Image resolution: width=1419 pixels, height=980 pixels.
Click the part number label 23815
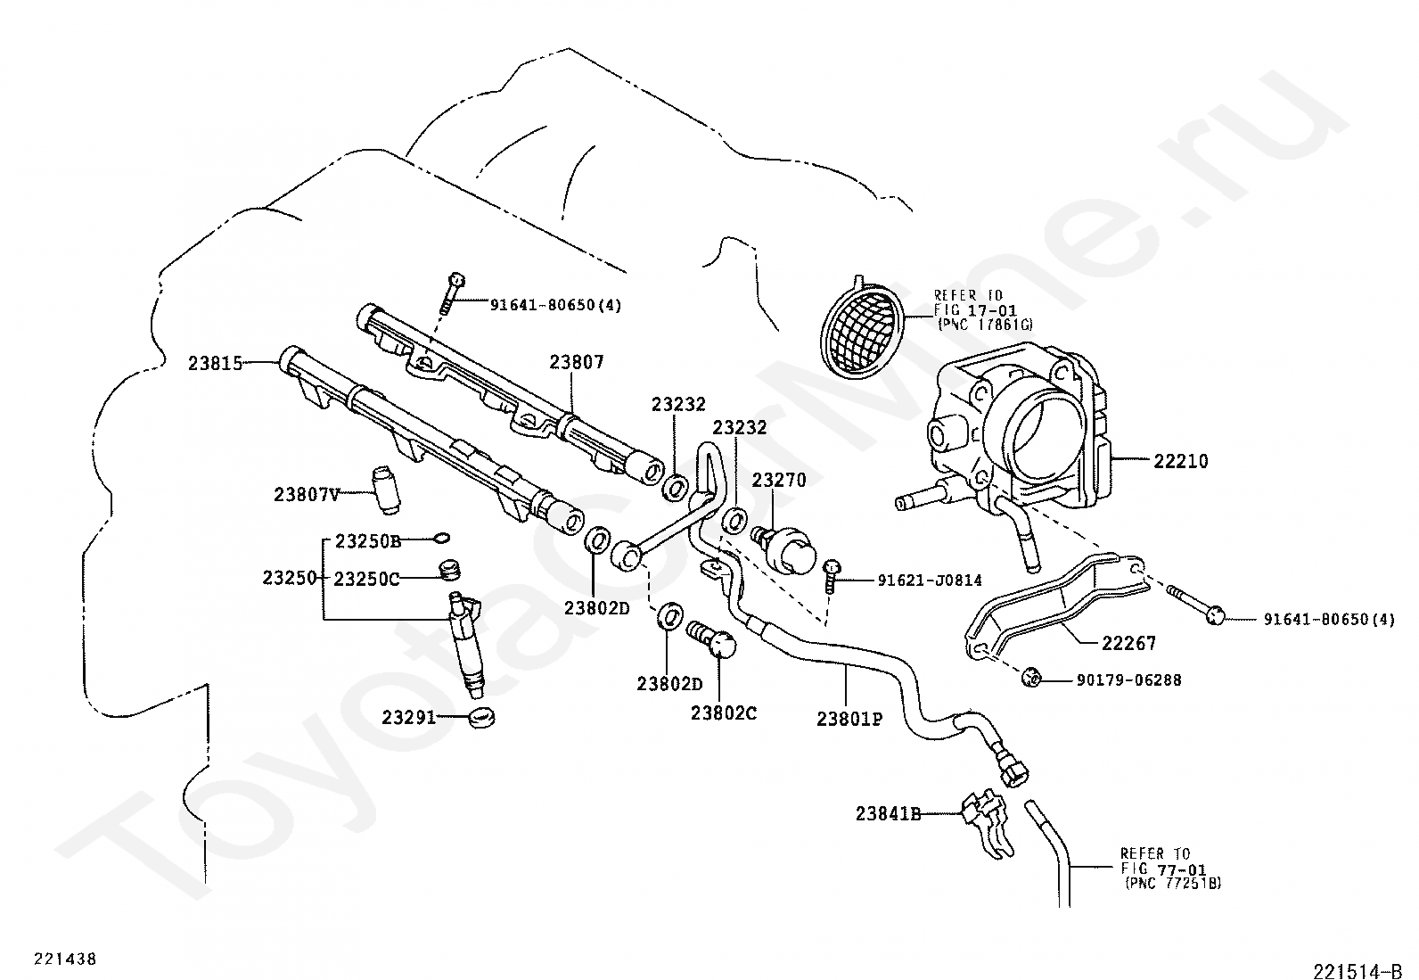215,363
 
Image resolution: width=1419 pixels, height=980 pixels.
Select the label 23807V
306,493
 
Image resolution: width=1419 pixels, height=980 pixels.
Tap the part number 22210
1180,461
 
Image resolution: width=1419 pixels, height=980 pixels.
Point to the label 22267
1128,643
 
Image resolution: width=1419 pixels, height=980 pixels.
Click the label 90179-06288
1128,680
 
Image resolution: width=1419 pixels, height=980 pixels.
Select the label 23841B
888,813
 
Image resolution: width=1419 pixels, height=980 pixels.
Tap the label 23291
409,716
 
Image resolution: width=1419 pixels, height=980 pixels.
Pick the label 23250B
368,541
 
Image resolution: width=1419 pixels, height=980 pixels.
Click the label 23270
778,481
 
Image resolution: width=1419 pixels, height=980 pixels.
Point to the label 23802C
723,713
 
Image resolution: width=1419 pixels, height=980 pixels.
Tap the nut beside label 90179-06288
1031,679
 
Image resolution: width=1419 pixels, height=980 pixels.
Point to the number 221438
65,959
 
